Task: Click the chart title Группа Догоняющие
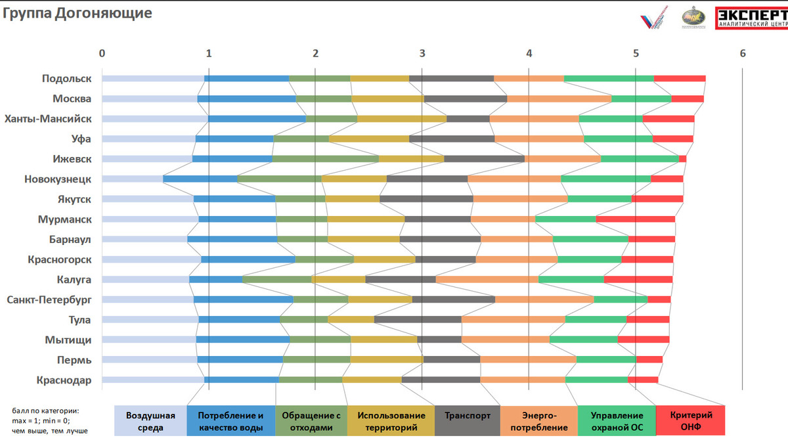[78, 13]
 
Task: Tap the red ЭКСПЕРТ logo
[751, 18]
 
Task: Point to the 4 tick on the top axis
[529, 53]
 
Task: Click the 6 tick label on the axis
[743, 53]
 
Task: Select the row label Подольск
[66, 79]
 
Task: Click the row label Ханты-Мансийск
[48, 119]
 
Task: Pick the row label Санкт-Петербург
[49, 300]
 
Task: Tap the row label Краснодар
[64, 380]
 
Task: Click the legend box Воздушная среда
[150, 421]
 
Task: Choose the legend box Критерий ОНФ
[690, 421]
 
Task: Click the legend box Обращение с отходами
[311, 421]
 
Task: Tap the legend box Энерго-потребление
[538, 421]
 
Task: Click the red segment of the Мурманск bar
[635, 219]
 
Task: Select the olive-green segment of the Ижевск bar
[325, 159]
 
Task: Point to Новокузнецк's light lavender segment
[132, 179]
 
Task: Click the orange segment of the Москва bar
[559, 99]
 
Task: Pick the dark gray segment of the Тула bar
[418, 320]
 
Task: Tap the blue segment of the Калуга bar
[215, 280]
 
